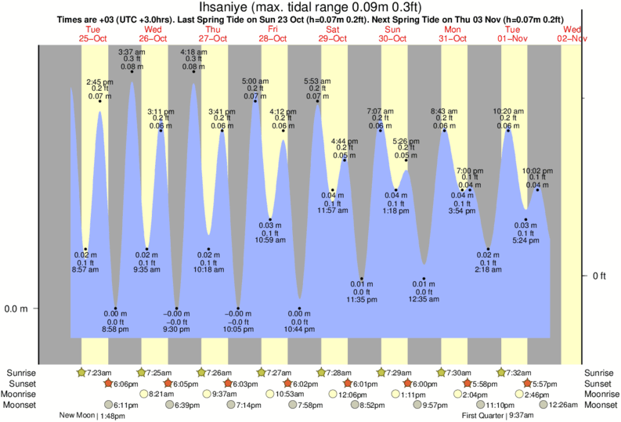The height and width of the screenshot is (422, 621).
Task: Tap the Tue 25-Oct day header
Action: click(x=93, y=34)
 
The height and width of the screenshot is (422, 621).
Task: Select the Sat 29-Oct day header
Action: click(x=333, y=34)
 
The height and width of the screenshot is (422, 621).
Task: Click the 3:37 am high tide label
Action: click(x=131, y=52)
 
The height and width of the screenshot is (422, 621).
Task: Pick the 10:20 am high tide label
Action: click(x=507, y=111)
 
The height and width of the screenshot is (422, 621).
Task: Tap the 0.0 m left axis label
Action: click(x=16, y=308)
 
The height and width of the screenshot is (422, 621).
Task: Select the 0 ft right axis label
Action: click(x=599, y=276)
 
